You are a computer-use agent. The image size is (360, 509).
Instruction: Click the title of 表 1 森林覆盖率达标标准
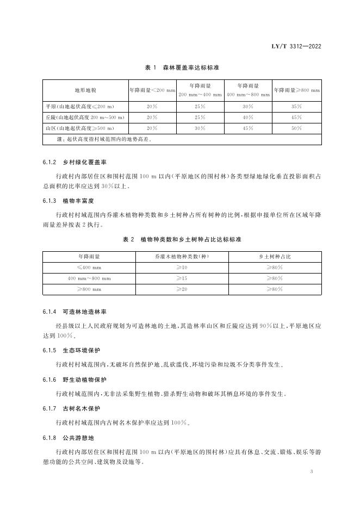[x=182, y=67]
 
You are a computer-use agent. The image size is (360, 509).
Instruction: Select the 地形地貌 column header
[x=85, y=90]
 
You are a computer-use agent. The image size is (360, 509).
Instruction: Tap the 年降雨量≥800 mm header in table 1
[x=297, y=90]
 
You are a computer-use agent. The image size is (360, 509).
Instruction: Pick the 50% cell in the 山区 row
[x=297, y=128]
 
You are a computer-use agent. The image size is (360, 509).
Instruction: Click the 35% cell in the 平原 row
[x=297, y=106]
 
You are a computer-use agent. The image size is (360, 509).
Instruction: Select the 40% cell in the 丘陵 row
[x=248, y=117]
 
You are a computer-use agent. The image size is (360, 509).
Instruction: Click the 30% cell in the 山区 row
[x=200, y=128]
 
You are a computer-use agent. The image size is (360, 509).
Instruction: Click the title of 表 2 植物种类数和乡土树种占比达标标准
[x=182, y=239]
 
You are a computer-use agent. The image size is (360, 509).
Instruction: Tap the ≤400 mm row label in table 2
[x=89, y=267]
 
